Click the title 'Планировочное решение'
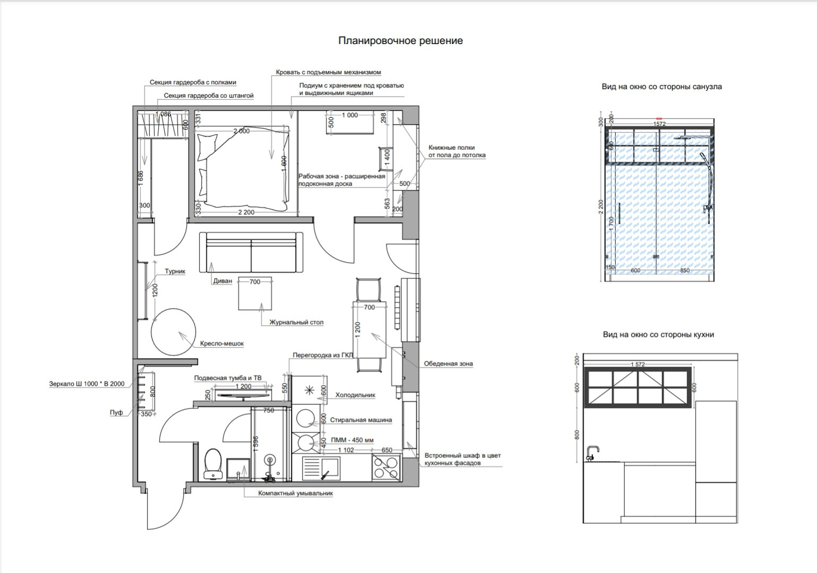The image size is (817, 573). click(x=400, y=40)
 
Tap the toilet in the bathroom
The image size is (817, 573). click(x=213, y=464)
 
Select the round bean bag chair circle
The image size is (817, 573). click(x=174, y=332)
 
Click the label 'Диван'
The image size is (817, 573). click(x=222, y=281)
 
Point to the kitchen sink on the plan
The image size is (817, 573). click(x=321, y=468)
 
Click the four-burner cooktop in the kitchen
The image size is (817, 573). click(x=386, y=468)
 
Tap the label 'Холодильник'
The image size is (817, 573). click(x=355, y=395)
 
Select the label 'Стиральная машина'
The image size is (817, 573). click(x=360, y=420)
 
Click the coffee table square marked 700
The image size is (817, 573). click(x=255, y=293)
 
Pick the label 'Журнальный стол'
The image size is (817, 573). click(x=296, y=322)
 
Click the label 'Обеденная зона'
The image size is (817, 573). click(x=448, y=363)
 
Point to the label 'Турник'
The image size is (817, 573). click(x=175, y=271)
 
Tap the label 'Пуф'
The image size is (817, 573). click(x=116, y=413)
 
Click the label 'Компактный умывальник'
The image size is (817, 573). click(x=296, y=493)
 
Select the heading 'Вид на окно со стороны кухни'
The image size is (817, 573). click(x=658, y=334)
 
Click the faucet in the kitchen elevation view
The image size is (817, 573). click(x=591, y=453)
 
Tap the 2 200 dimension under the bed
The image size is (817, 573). click(x=246, y=212)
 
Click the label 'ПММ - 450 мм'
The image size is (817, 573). click(x=352, y=440)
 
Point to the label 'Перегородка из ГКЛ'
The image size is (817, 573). click(x=323, y=355)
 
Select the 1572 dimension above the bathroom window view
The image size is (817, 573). click(x=659, y=124)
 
